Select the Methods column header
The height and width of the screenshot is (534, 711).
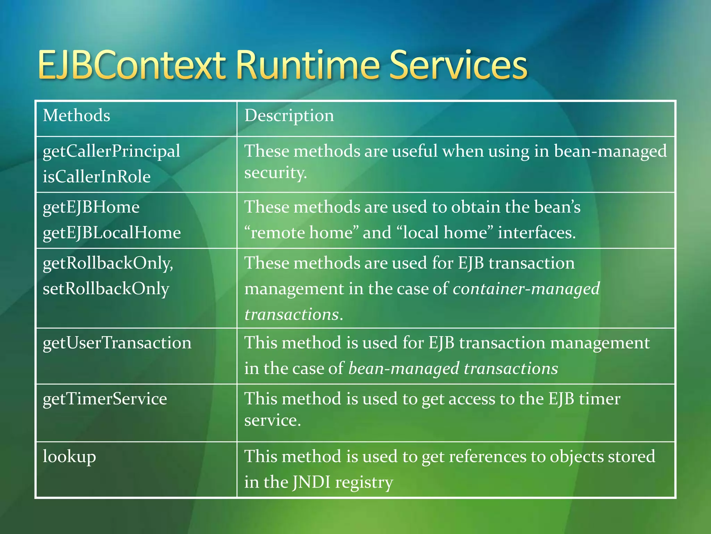(76, 115)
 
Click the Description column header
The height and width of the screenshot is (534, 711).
(289, 115)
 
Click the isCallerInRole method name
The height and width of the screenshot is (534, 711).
(97, 177)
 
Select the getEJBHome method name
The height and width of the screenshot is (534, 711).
(91, 207)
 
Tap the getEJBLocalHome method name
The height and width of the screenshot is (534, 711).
(111, 233)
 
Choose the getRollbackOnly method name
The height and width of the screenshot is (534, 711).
(108, 263)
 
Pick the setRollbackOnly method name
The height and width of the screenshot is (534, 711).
(106, 289)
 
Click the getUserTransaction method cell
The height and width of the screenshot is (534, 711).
(117, 343)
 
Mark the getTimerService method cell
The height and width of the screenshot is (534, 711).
(104, 399)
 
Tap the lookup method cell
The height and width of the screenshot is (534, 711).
(69, 456)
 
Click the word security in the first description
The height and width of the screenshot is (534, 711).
(275, 173)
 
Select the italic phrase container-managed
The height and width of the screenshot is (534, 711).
(526, 289)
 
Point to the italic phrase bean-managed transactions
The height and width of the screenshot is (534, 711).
(453, 369)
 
